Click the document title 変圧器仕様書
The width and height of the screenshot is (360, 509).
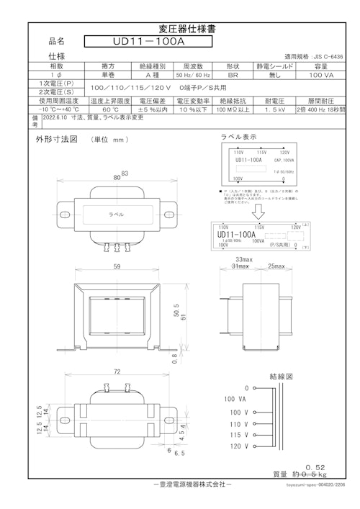(180, 29)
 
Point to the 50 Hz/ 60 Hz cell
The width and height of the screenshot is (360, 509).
(192, 74)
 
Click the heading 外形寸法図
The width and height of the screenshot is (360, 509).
(56, 139)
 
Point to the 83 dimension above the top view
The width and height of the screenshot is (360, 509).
(125, 174)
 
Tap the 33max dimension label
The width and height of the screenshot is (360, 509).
(244, 259)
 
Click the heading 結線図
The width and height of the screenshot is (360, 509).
(280, 377)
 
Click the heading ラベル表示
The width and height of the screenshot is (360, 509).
(238, 137)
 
